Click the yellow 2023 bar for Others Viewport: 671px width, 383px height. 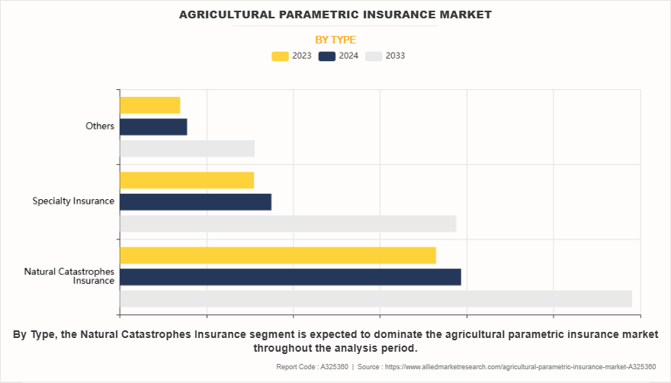pyautogui.click(x=150, y=105)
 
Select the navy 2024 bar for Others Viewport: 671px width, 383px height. pyautogui.click(x=153, y=127)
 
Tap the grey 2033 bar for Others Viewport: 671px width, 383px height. pyautogui.click(x=187, y=149)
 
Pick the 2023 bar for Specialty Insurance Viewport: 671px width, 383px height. pyautogui.click(x=187, y=180)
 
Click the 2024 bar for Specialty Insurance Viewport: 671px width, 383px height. pyautogui.click(x=195, y=201)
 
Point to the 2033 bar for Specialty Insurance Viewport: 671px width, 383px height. pyautogui.click(x=287, y=224)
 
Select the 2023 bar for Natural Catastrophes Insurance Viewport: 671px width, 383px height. pyautogui.click(x=278, y=255)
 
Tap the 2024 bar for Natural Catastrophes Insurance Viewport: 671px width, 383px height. pyautogui.click(x=290, y=277)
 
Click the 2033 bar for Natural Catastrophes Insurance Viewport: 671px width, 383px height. pyautogui.click(x=375, y=299)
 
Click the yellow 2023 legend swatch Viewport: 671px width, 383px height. pyautogui.click(x=280, y=56)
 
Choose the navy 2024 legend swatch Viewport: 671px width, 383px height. pyautogui.click(x=327, y=56)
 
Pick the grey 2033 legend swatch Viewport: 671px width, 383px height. pyautogui.click(x=374, y=56)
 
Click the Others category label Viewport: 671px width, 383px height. pyautogui.click(x=100, y=126)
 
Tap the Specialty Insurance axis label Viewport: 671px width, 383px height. pyautogui.click(x=73, y=201)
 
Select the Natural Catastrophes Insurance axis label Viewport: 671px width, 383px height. pyautogui.click(x=69, y=276)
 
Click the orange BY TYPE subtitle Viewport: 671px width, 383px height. pyautogui.click(x=335, y=40)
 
